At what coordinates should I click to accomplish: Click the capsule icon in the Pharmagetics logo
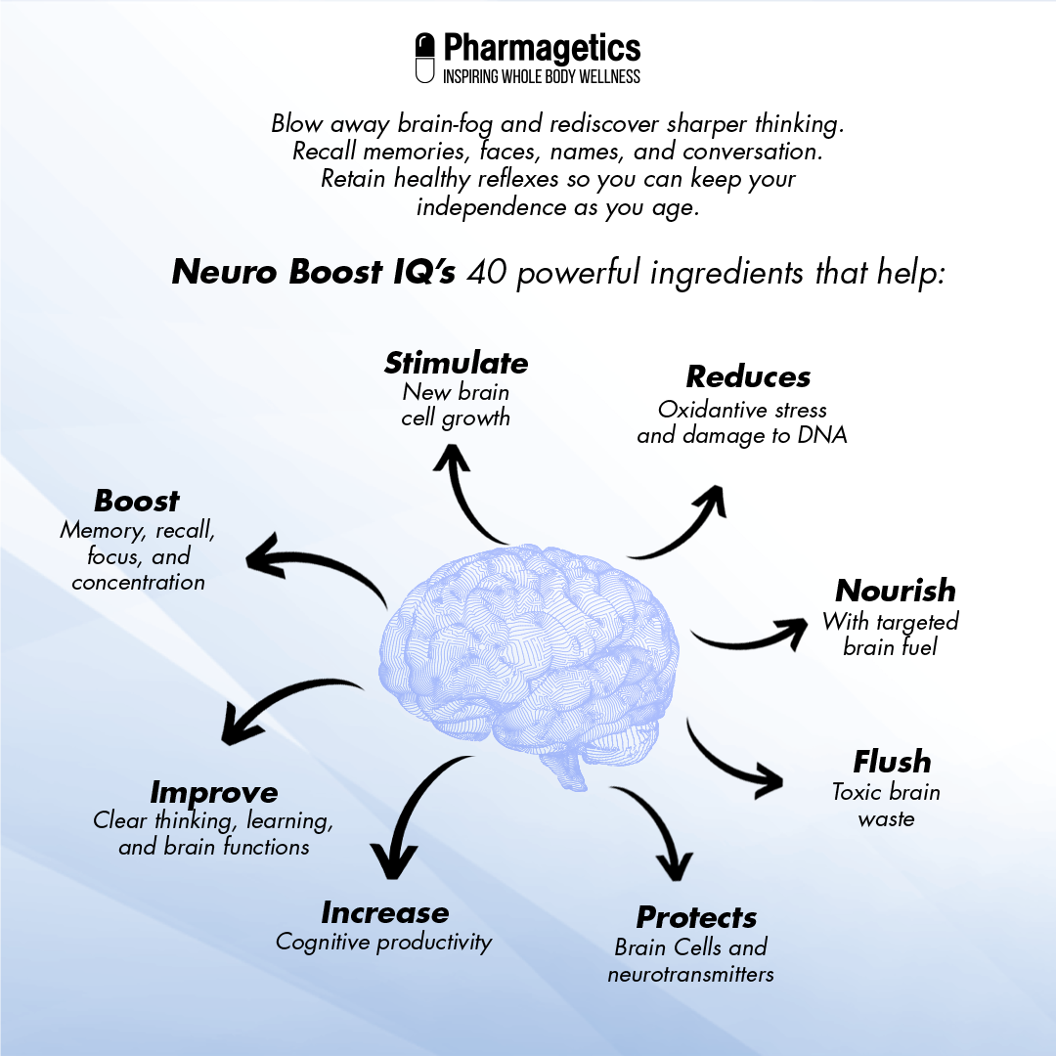(x=425, y=58)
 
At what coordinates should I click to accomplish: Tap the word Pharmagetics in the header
(x=542, y=47)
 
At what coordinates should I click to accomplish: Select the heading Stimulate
(x=456, y=364)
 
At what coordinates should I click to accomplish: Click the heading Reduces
(x=748, y=377)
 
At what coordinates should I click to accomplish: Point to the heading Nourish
(x=895, y=591)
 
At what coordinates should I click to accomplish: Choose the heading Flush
(x=892, y=762)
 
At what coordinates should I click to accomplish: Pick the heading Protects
(x=696, y=918)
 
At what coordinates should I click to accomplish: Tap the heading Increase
(x=384, y=913)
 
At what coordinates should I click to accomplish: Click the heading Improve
(x=213, y=792)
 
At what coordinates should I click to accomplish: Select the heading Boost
(x=137, y=502)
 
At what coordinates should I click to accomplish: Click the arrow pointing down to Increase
(x=411, y=812)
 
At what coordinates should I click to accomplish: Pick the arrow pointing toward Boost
(x=313, y=567)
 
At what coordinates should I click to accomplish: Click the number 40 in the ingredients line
(x=486, y=272)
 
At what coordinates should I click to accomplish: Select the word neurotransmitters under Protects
(x=690, y=975)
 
